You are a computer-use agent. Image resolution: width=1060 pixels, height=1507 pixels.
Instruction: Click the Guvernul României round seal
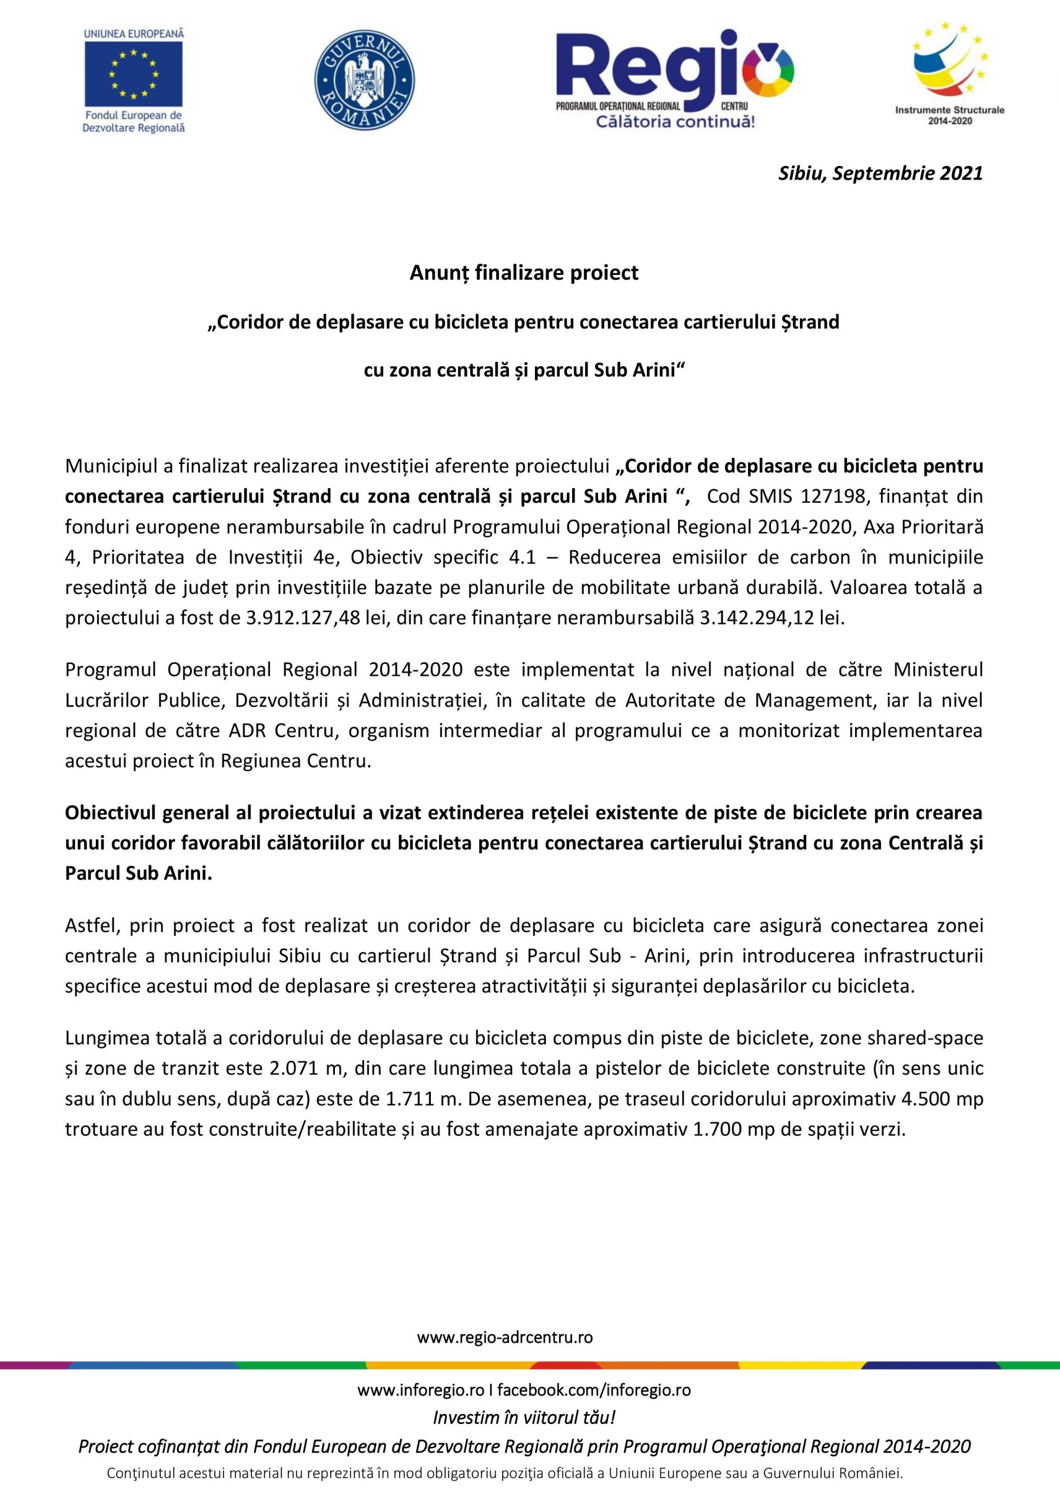pyautogui.click(x=364, y=80)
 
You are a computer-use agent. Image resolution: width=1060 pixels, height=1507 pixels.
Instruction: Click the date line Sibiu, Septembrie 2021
pyautogui.click(x=880, y=173)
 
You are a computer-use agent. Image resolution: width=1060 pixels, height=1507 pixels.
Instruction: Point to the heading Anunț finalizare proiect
pyautogui.click(x=524, y=273)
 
